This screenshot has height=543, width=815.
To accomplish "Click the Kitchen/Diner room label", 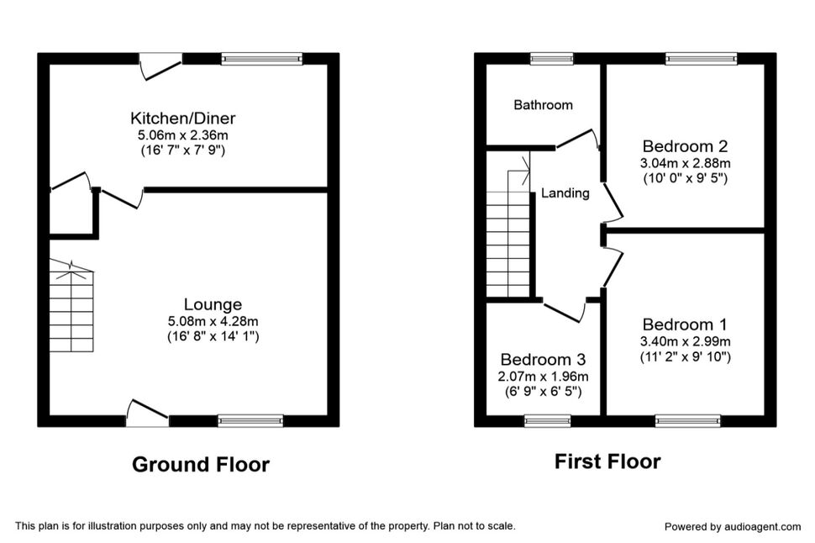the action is point(183,118).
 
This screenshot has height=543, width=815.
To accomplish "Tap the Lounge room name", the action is point(213,304).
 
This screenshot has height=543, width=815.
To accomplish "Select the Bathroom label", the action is point(543,105).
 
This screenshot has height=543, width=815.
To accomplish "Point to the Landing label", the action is point(565,193).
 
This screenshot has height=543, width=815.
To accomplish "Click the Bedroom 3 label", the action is point(543,360).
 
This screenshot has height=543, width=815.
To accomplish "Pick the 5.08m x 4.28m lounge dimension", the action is point(213,321).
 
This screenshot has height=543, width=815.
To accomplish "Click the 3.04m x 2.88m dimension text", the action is point(685,163).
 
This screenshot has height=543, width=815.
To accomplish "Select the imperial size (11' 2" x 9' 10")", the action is point(685,356).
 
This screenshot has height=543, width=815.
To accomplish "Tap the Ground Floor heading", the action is point(201,465).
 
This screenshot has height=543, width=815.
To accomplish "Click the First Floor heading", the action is point(607,461).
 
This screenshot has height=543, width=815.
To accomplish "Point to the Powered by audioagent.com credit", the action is point(733,527).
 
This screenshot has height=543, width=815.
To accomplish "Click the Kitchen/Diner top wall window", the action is point(262,59).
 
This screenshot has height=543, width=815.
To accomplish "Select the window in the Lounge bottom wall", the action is point(250,421).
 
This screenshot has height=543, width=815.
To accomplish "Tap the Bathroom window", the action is point(552,59).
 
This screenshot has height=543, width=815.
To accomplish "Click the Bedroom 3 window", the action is point(548,421).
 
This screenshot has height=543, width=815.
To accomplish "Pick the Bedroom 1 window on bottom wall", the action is point(688,421).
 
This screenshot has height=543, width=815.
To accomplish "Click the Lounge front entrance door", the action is point(148,413).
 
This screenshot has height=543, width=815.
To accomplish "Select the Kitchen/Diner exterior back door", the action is point(161,66).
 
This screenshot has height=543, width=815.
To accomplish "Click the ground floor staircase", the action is point(71,306).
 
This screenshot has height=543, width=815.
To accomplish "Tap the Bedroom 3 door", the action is point(565,310).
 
